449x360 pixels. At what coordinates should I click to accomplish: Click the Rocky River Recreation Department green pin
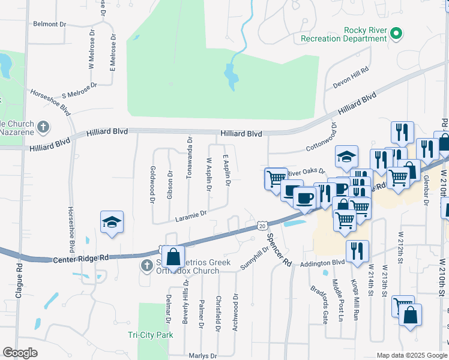click(396, 34)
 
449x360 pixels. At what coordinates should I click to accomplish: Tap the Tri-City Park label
click(150, 335)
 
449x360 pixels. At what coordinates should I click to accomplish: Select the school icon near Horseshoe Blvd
click(112, 222)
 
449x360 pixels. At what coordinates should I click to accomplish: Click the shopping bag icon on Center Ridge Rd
click(173, 257)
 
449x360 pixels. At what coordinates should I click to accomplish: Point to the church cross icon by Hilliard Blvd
click(43, 127)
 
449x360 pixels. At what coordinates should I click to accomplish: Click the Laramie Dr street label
click(191, 213)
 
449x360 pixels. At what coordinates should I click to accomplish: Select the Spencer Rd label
click(279, 250)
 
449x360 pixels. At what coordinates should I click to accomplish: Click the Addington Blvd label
click(323, 263)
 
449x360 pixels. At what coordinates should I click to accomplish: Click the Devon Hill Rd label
click(351, 79)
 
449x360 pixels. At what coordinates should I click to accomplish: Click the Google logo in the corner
click(20, 353)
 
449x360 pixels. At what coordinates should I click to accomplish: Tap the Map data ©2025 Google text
click(411, 355)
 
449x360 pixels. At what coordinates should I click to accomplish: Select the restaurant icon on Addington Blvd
click(357, 251)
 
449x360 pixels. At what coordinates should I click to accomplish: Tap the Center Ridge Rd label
click(81, 258)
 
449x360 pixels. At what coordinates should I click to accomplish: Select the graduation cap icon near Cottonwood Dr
click(346, 157)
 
